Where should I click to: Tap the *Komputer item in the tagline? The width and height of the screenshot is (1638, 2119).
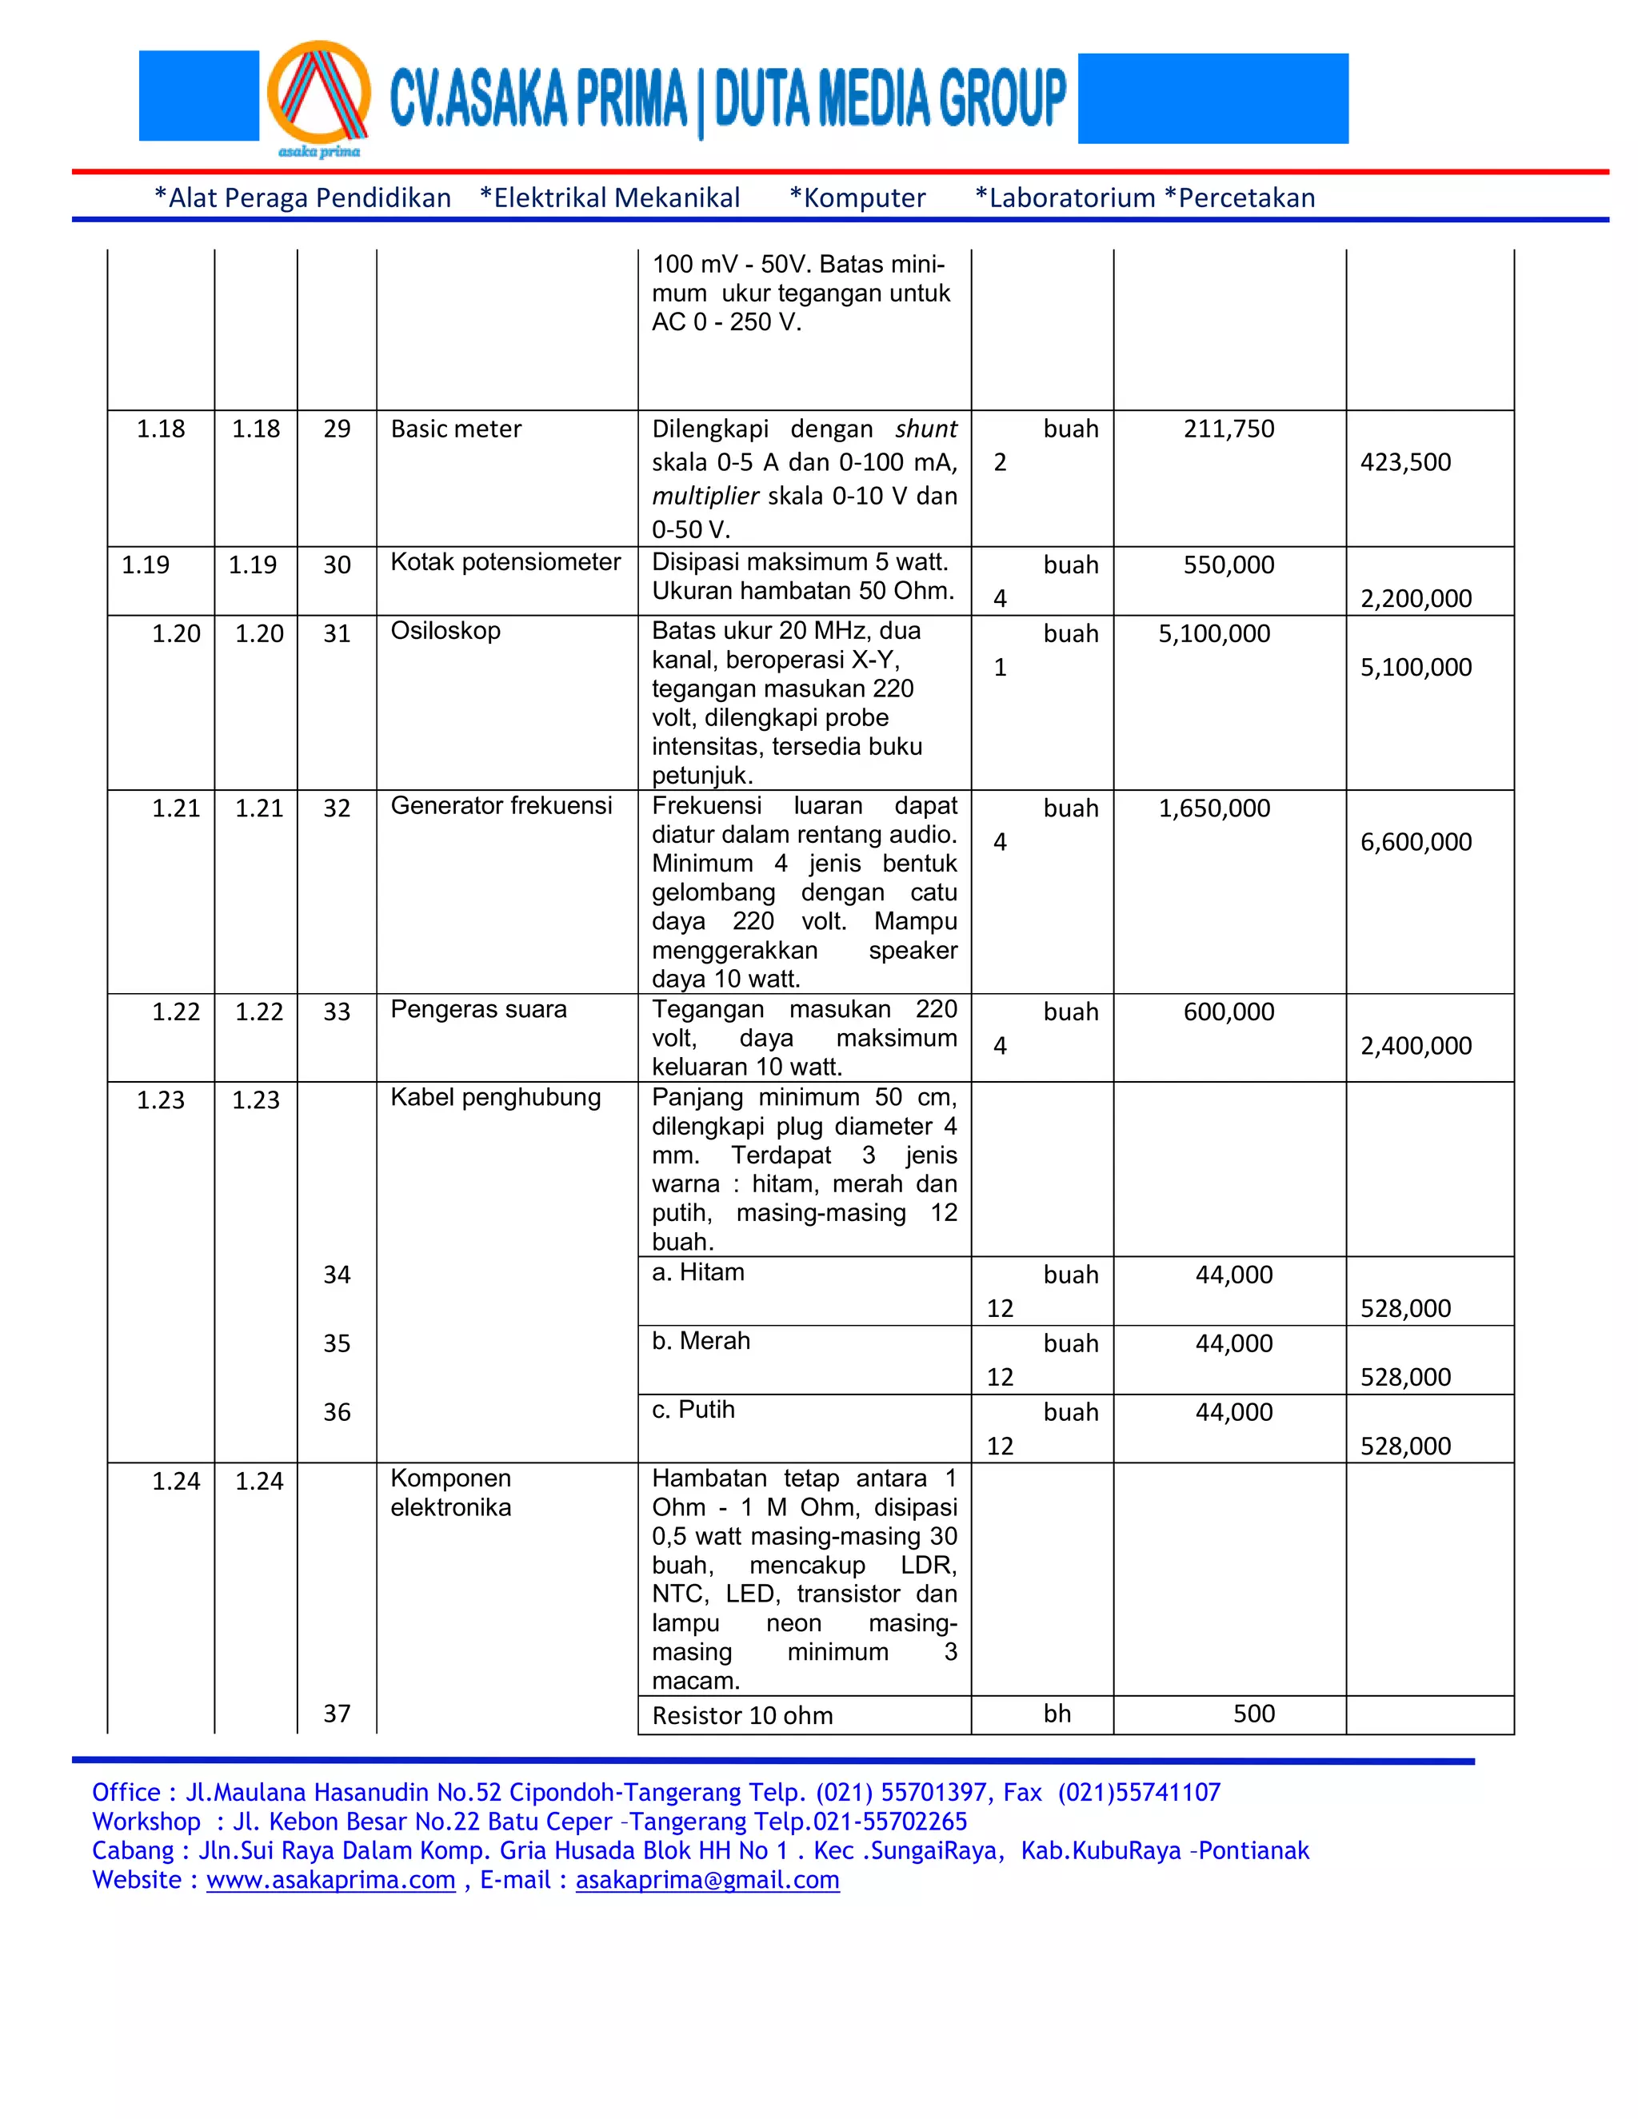(x=858, y=198)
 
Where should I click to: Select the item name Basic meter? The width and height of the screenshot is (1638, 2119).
(x=455, y=429)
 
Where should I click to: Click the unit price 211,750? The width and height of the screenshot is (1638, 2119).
(x=1228, y=429)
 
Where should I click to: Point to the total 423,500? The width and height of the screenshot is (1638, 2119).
(x=1405, y=462)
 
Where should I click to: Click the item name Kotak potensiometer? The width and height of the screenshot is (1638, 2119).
(x=505, y=562)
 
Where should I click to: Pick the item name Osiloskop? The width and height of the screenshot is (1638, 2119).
(x=445, y=631)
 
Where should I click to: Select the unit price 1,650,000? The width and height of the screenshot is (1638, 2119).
(x=1214, y=808)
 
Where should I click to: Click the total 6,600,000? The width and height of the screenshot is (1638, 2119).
(x=1416, y=842)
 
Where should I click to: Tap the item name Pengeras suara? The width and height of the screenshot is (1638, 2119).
(x=478, y=1009)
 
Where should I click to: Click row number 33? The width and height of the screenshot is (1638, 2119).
(x=337, y=1012)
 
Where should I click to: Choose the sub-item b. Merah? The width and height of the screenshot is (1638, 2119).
(x=701, y=1341)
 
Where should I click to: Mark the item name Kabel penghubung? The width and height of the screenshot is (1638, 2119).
(x=495, y=1097)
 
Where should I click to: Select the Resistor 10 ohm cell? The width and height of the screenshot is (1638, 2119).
(x=742, y=1715)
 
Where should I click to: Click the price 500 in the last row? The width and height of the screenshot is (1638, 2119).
(x=1254, y=1714)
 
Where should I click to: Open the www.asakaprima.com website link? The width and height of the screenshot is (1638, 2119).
(x=331, y=1879)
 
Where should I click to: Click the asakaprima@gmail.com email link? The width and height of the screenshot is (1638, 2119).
(x=707, y=1879)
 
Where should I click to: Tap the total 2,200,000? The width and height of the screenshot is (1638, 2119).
(x=1416, y=599)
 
